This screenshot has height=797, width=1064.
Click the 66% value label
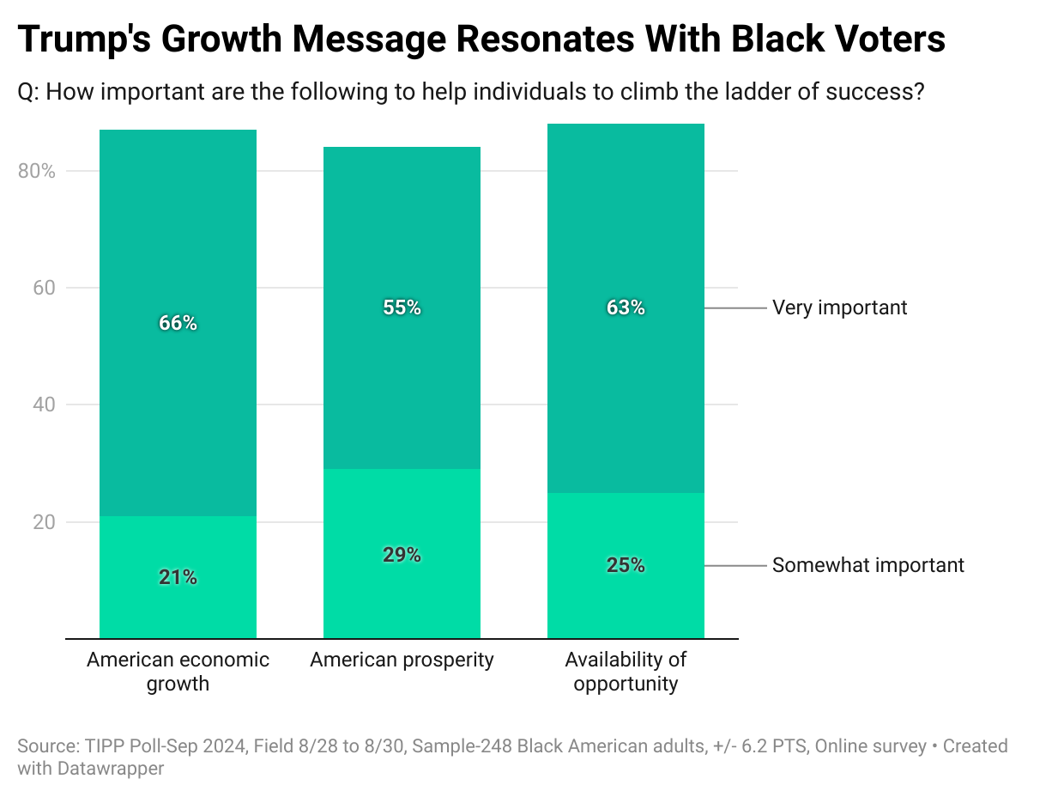[178, 323]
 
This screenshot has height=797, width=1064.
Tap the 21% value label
[178, 577]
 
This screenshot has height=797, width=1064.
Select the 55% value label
[402, 307]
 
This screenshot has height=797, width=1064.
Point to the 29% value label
[402, 555]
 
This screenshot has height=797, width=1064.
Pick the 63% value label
[626, 307]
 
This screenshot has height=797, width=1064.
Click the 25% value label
[626, 565]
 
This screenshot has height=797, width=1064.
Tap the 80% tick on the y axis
[36, 171]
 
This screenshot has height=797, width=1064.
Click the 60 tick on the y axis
[45, 288]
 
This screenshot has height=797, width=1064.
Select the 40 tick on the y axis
[45, 405]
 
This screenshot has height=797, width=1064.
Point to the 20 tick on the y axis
[45, 522]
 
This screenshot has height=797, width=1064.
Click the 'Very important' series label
[839, 307]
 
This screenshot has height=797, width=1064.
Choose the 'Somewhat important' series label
[868, 565]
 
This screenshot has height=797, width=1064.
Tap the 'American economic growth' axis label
[178, 672]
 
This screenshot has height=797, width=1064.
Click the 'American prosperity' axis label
[402, 660]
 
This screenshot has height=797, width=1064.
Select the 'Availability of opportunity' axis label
[626, 672]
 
